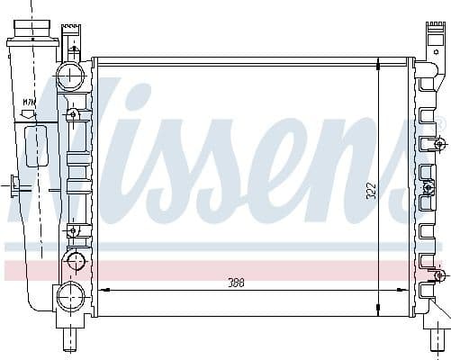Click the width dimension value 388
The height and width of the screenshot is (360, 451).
pyautogui.click(x=236, y=282)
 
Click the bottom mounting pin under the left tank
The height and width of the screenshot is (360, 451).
pyautogui.click(x=70, y=339)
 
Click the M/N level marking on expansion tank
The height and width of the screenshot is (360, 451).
pyautogui.click(x=30, y=104)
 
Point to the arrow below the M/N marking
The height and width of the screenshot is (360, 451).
pyautogui.click(x=29, y=116)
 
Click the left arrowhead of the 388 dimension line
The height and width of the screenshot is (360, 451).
pyautogui.click(x=102, y=290)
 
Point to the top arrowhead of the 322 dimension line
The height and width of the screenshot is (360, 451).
pyautogui.click(x=378, y=63)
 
